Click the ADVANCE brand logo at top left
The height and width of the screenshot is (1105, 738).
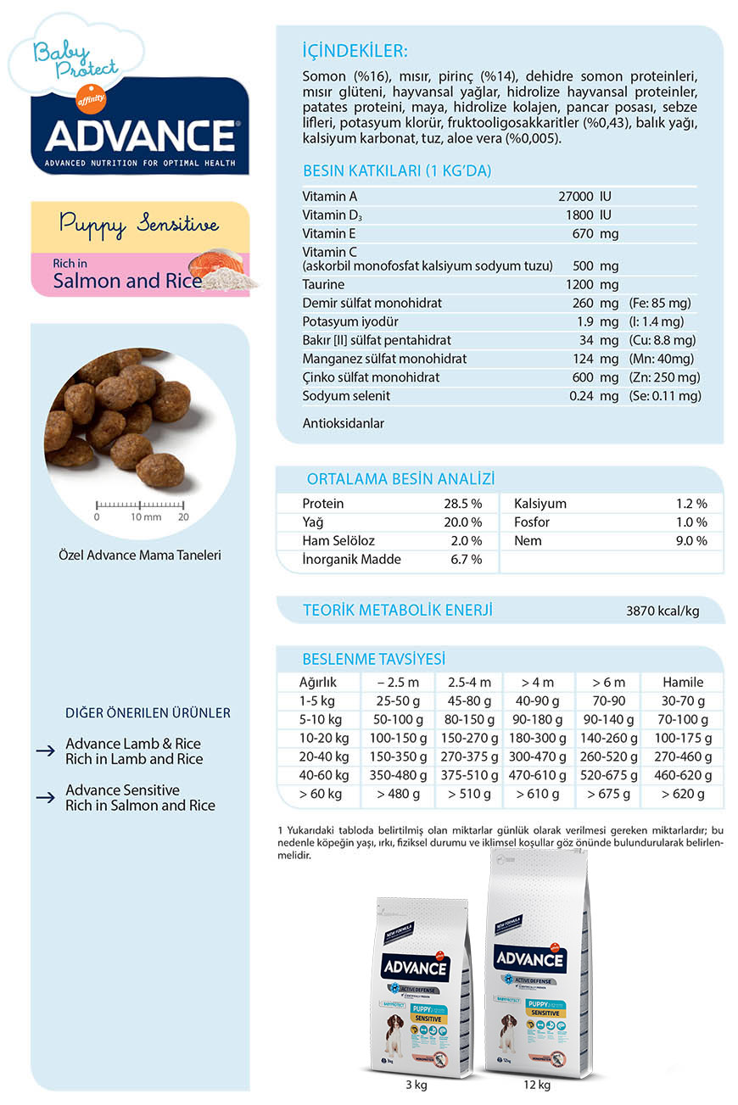(x=140, y=135)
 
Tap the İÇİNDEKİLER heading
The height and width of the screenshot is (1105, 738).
(x=355, y=50)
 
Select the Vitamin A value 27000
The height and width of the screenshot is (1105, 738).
(x=575, y=197)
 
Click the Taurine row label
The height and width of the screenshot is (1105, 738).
(x=323, y=284)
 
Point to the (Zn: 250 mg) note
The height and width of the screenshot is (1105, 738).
(x=665, y=377)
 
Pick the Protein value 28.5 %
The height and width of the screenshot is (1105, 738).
(x=462, y=504)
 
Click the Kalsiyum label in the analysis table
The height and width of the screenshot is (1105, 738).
(x=540, y=504)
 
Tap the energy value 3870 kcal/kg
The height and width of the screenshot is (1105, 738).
(x=663, y=611)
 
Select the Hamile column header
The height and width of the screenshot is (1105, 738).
(x=683, y=682)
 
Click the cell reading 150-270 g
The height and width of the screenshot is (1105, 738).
(x=468, y=738)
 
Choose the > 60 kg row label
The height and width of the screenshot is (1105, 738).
(x=320, y=795)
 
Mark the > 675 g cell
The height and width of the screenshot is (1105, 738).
(x=608, y=795)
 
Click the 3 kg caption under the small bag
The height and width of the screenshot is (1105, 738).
(x=417, y=1084)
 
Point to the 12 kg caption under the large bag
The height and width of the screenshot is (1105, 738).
(x=537, y=1084)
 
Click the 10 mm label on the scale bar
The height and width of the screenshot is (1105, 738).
(x=146, y=516)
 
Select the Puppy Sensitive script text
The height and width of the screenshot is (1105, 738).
(x=139, y=225)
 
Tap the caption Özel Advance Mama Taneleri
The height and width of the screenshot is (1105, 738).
(x=141, y=555)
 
